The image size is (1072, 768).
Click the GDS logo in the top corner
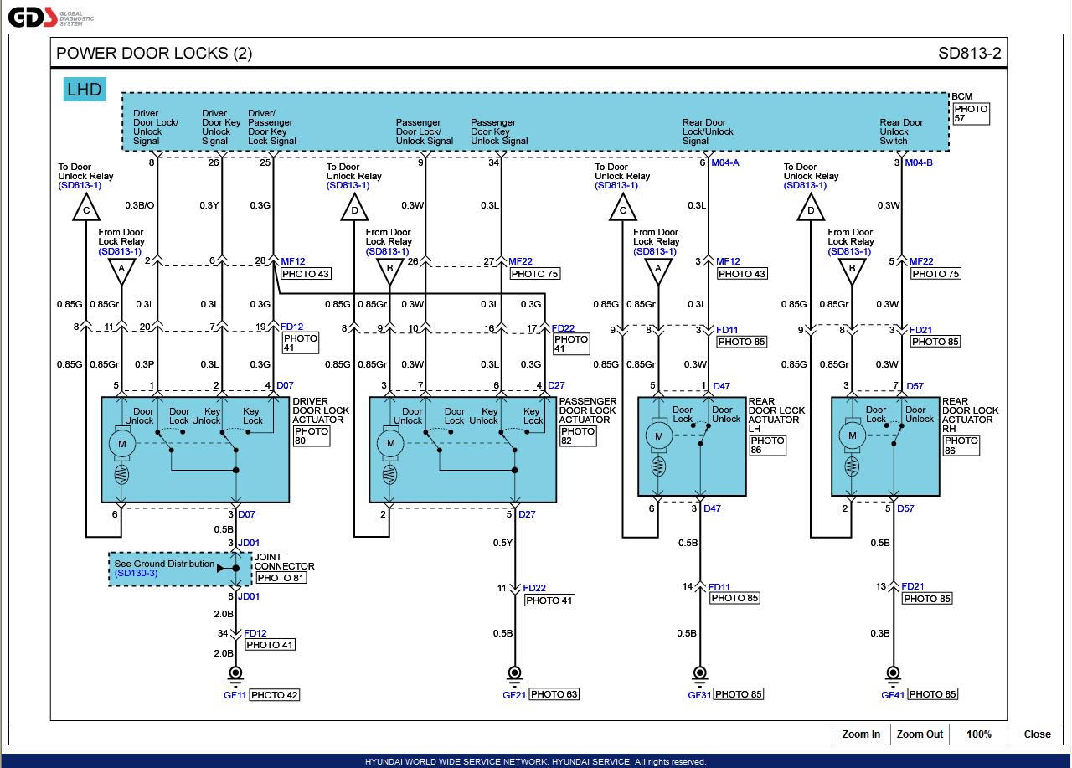pyautogui.click(x=33, y=17)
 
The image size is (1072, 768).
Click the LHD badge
pyautogui.click(x=85, y=90)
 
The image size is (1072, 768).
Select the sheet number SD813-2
pyautogui.click(x=969, y=54)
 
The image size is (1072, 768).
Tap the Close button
pyautogui.click(x=1037, y=734)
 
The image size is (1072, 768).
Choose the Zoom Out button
pyautogui.click(x=920, y=734)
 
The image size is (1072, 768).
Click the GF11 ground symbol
pyautogui.click(x=235, y=673)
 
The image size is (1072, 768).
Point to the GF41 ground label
pyautogui.click(x=892, y=694)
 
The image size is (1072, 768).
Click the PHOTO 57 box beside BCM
pyautogui.click(x=971, y=114)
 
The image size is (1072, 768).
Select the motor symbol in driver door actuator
pyautogui.click(x=122, y=443)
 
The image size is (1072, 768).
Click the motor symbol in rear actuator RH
pyautogui.click(x=853, y=436)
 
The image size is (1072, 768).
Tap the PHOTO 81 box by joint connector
pyautogui.click(x=281, y=578)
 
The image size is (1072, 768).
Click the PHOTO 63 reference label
pyautogui.click(x=554, y=694)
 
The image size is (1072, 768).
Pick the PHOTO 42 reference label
pyautogui.click(x=274, y=695)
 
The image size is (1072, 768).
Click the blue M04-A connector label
pyautogui.click(x=725, y=162)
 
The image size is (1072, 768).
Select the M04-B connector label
pyautogui.click(x=919, y=162)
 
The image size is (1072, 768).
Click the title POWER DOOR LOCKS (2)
pyautogui.click(x=154, y=54)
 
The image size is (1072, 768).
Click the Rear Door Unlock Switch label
pyautogui.click(x=901, y=131)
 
